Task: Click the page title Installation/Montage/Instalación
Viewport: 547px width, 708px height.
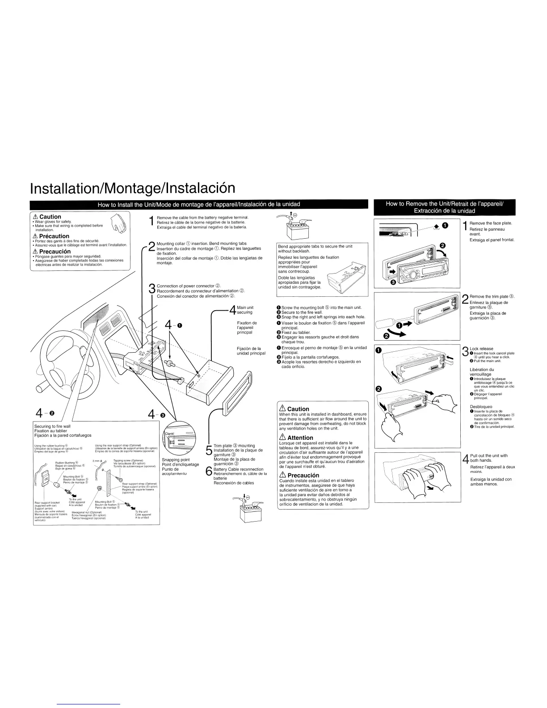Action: pos(132,188)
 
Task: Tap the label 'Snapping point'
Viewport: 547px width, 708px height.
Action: pos(176,459)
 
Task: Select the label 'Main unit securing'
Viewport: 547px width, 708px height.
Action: pos(244,310)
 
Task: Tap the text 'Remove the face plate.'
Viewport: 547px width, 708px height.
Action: pos(491,223)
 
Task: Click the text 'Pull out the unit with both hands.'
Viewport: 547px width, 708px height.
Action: pos(488,458)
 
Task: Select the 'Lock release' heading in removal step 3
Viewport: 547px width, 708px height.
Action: pos(481,349)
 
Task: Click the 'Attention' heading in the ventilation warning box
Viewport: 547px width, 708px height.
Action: pos(300,438)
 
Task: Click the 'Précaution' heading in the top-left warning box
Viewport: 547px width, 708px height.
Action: pos(54,236)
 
